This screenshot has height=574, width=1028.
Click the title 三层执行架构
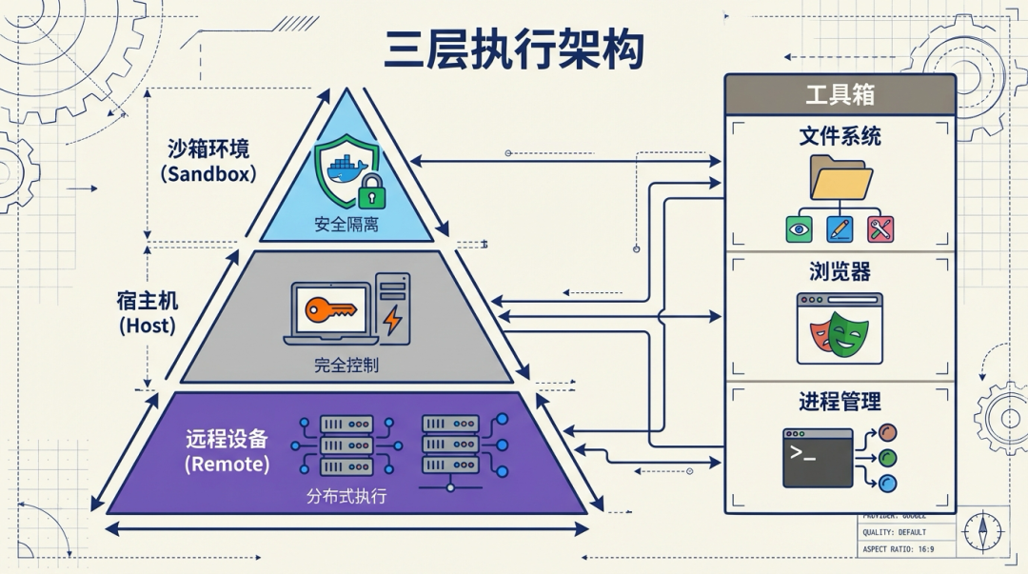coord(514,49)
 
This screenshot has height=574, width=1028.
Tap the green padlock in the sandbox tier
coord(371,192)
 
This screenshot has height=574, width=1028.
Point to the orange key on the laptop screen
coord(329,309)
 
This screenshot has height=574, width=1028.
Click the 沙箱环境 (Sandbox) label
coord(208,160)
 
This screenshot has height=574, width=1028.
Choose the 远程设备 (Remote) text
coord(227,451)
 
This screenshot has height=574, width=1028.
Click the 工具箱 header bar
coord(840,94)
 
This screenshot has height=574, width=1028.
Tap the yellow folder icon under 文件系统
coord(840,178)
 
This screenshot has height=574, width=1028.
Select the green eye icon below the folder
coord(799,228)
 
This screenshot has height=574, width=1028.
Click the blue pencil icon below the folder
coord(840,228)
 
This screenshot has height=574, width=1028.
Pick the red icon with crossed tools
coord(880,228)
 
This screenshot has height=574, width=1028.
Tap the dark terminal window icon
coord(817,458)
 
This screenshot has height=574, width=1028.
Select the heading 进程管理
coord(840,401)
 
